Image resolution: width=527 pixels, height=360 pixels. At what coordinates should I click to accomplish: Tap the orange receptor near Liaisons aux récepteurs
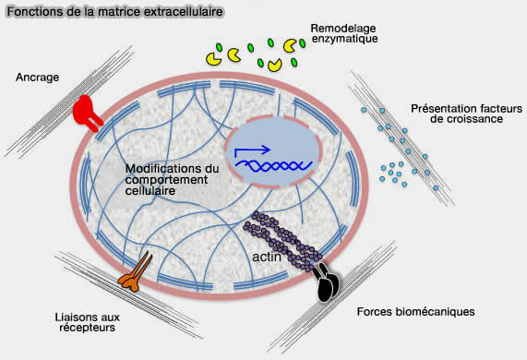point(136,274)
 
